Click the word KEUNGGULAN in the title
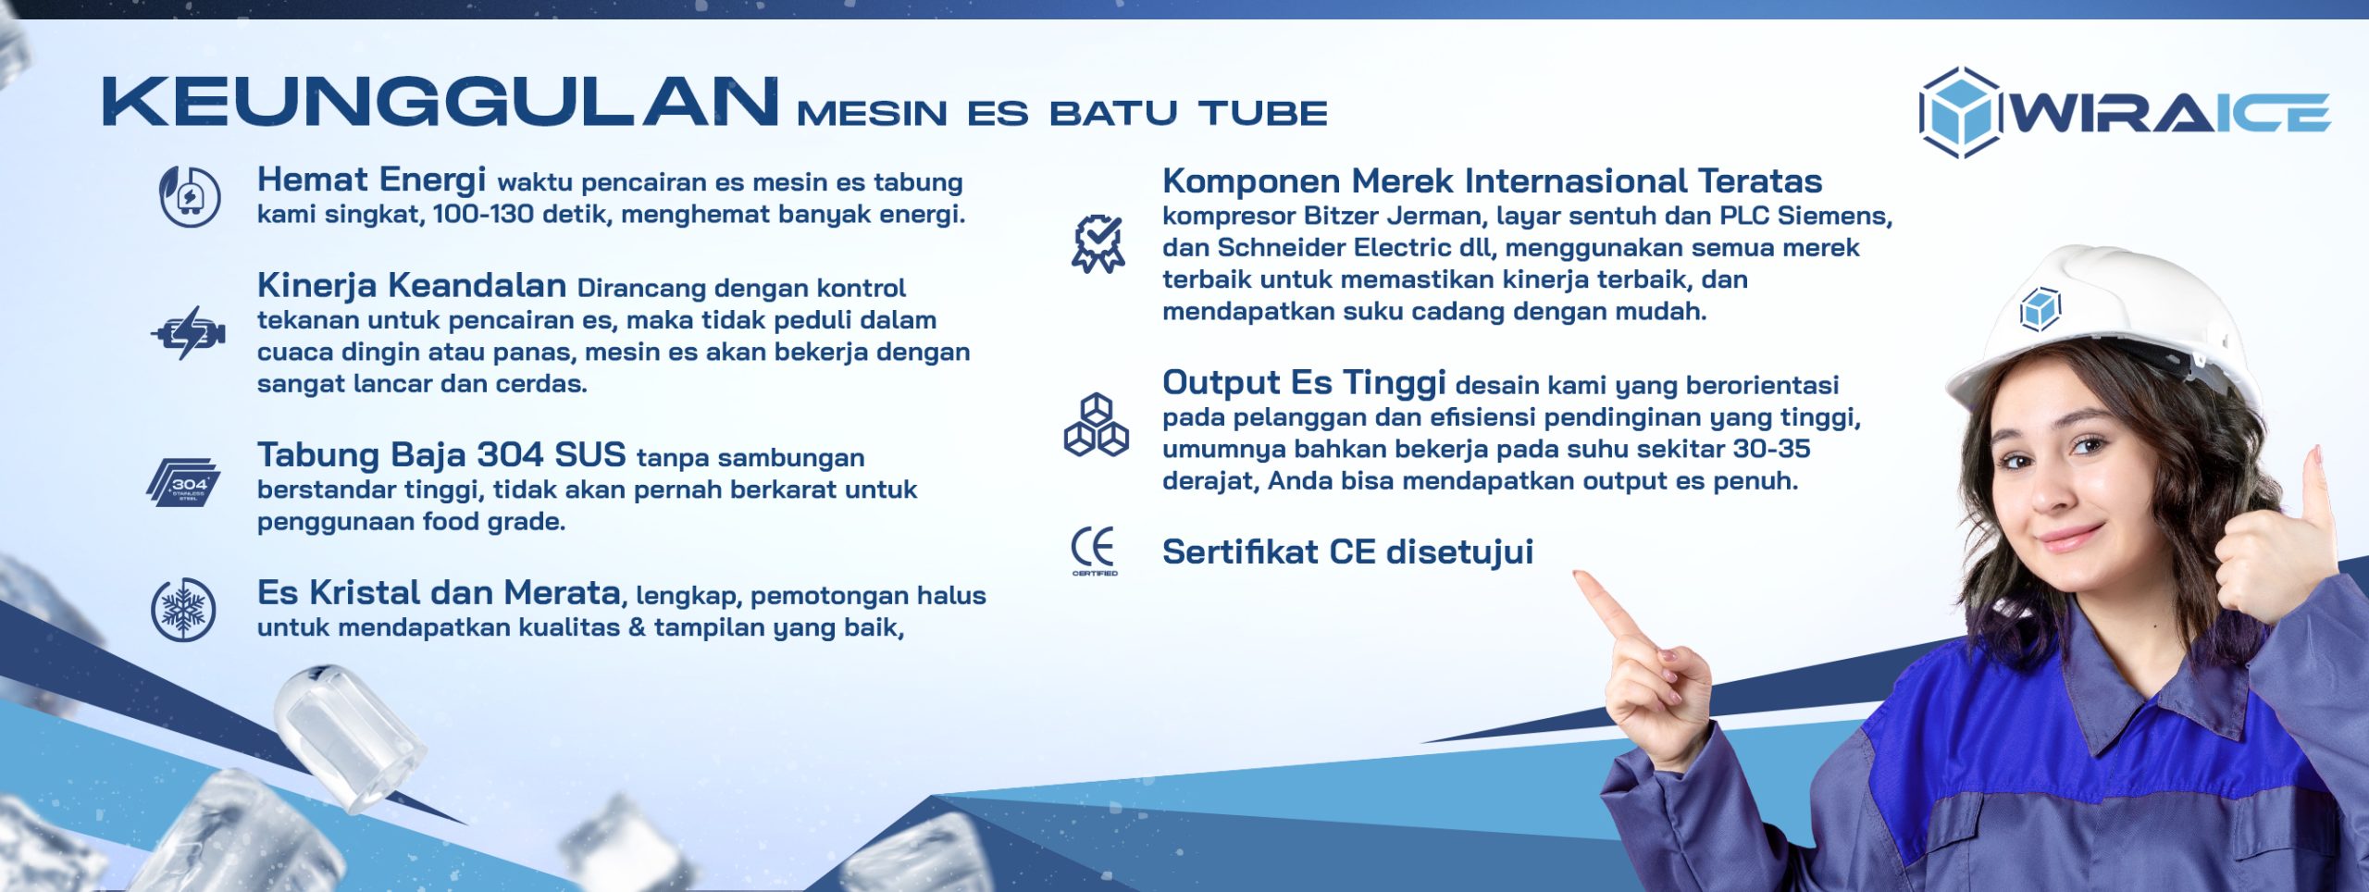tap(440, 102)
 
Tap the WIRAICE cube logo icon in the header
tap(1960, 112)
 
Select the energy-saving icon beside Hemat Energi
tap(190, 196)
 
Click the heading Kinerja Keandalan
tap(412, 285)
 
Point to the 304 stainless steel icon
tap(183, 482)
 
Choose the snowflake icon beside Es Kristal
tap(183, 610)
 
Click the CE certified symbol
tap(1094, 551)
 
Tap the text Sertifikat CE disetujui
tap(1347, 551)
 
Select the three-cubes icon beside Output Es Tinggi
tap(1097, 425)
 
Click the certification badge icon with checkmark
tap(1098, 244)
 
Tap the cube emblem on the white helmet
tap(2040, 309)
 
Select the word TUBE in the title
tap(1263, 113)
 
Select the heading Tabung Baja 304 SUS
tap(441, 455)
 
